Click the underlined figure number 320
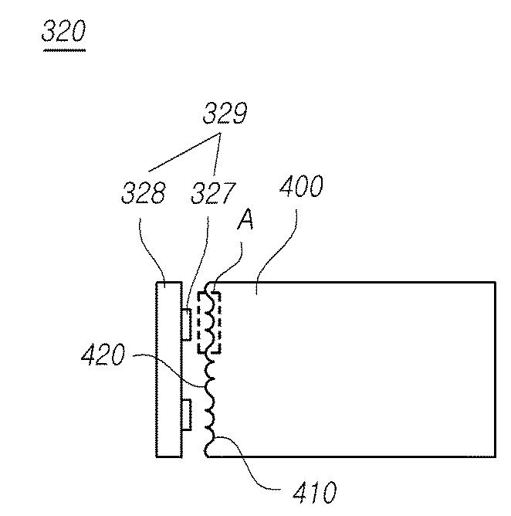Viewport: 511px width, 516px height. [64, 32]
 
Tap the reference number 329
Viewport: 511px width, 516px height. [225, 114]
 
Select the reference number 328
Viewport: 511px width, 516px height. [143, 193]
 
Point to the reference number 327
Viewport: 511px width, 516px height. [213, 193]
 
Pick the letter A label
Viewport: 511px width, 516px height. [245, 220]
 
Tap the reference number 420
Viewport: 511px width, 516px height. [102, 356]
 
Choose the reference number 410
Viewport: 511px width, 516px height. [315, 492]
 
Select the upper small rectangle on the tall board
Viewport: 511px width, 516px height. [185, 323]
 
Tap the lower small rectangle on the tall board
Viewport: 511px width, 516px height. [185, 414]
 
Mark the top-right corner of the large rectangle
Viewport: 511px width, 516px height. [495, 283]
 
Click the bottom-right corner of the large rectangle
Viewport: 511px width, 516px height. [495, 456]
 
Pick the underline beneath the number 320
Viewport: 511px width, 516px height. [64, 49]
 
